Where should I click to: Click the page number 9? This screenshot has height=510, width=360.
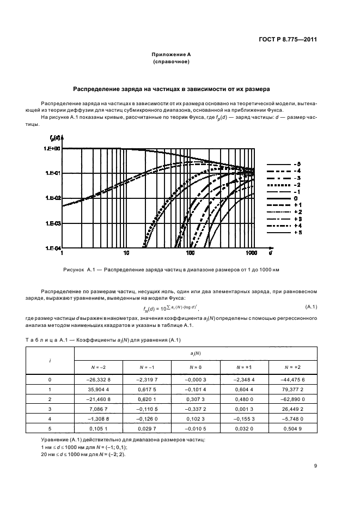315,465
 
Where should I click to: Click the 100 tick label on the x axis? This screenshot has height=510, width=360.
190,254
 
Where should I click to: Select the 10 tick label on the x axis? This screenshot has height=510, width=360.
126,254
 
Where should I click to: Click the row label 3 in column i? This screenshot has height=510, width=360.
50,409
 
